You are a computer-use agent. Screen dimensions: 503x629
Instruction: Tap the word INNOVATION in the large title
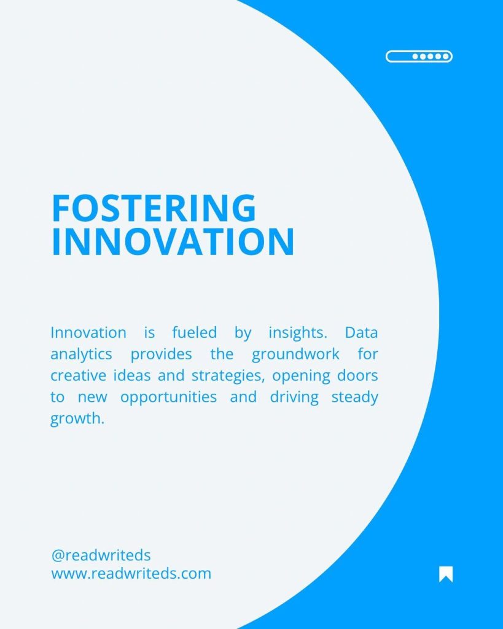click(x=173, y=241)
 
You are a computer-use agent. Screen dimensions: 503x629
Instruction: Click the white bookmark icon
click(x=446, y=574)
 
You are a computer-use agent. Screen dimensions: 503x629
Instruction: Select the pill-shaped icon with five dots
click(x=419, y=57)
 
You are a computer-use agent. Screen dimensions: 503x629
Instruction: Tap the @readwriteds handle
click(x=101, y=555)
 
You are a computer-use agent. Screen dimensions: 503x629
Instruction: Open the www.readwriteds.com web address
click(x=131, y=574)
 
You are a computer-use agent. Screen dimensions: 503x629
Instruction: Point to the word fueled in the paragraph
click(x=195, y=332)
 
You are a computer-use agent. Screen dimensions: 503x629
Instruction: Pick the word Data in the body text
click(x=361, y=332)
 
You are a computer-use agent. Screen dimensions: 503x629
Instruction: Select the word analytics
click(x=81, y=355)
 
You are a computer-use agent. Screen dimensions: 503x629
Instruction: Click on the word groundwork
click(x=295, y=355)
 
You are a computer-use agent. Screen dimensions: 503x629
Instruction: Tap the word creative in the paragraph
click(x=79, y=376)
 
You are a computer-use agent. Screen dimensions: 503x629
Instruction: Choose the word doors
click(x=357, y=376)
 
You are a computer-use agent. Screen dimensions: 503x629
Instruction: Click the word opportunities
click(x=168, y=398)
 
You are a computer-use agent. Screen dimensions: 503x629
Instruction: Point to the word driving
click(x=294, y=398)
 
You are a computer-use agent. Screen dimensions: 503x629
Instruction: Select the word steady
click(x=354, y=398)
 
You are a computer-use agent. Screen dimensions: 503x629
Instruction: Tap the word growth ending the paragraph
click(x=77, y=419)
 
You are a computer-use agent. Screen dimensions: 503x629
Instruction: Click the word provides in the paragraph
click(x=162, y=355)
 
